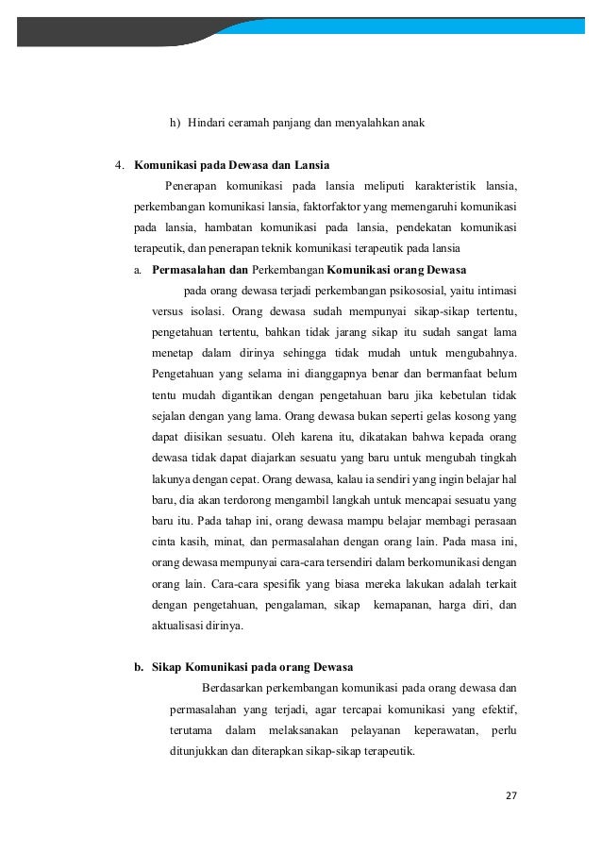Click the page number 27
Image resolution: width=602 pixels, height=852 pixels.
[511, 794]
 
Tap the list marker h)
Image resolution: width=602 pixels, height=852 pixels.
[176, 122]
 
